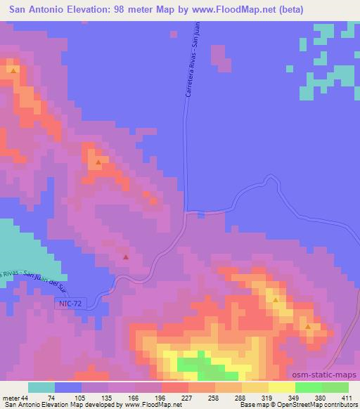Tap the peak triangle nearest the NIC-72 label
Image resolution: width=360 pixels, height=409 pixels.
click(126, 257)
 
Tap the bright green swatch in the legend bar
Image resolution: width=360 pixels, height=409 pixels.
click(309, 387)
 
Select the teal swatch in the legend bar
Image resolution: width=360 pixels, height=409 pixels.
click(41, 387)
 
